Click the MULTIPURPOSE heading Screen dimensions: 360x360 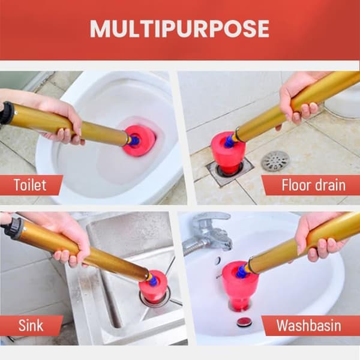(x=179, y=29)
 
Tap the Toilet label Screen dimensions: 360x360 (x=30, y=185)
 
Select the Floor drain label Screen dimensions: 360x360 (x=313, y=185)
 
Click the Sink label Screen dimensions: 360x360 (x=31, y=325)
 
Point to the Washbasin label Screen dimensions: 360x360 (x=308, y=325)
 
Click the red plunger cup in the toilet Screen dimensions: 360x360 (x=139, y=140)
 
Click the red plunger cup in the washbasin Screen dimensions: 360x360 (x=240, y=286)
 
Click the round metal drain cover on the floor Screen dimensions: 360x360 (x=275, y=161)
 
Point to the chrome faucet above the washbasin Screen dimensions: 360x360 (x=208, y=232)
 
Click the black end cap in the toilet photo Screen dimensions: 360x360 (x=7, y=113)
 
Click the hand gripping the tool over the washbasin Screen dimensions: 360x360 (x=322, y=236)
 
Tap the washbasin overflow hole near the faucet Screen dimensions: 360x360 (x=218, y=260)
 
